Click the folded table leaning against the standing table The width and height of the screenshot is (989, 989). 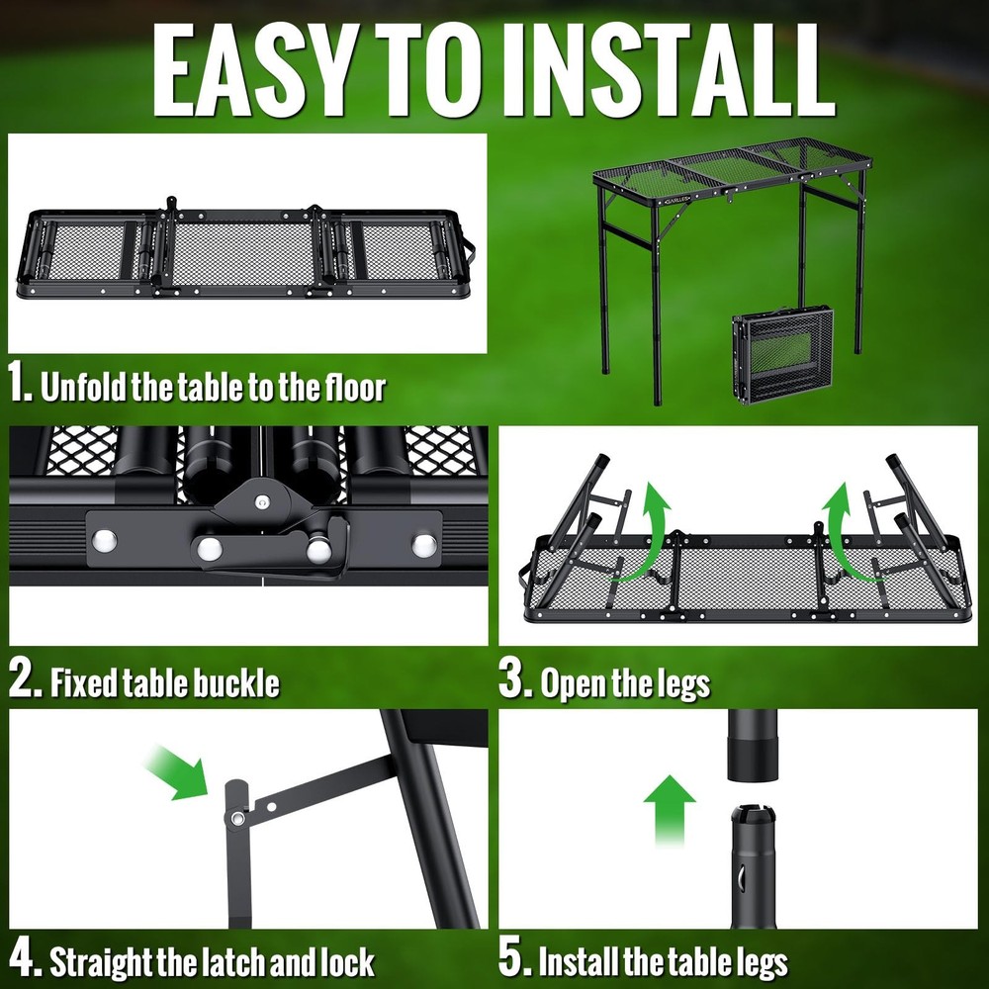point(782,354)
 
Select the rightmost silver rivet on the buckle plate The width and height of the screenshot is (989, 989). point(423,543)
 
